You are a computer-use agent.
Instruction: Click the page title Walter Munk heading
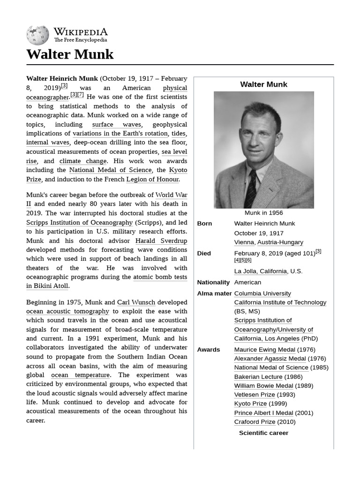[x=70, y=54]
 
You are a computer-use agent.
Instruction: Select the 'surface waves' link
[x=116, y=125]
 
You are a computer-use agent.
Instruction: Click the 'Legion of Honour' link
[x=152, y=179]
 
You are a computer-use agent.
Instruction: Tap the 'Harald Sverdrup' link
[x=161, y=241]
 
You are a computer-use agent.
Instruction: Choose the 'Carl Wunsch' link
[x=136, y=302]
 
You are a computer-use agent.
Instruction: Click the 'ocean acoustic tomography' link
[x=67, y=311]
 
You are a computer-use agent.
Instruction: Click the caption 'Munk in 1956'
[x=263, y=213]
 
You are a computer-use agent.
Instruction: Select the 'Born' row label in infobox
[x=204, y=224]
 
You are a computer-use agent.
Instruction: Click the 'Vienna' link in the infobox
[x=244, y=242]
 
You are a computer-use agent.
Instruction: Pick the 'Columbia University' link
[x=262, y=293]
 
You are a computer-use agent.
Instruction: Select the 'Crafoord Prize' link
[x=255, y=422]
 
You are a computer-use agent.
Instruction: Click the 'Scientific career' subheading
[x=263, y=433]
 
